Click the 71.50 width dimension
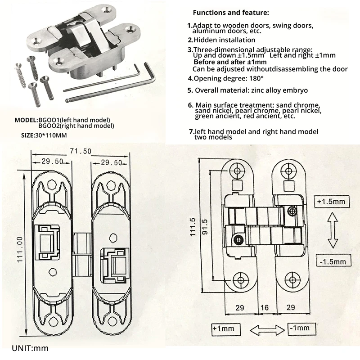click(x=81, y=151)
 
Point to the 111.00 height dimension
click(x=20, y=250)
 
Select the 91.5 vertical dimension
click(x=205, y=227)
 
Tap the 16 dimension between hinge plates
click(x=265, y=307)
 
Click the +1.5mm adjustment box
click(x=332, y=202)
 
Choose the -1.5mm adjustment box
click(x=333, y=261)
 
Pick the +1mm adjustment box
click(x=226, y=329)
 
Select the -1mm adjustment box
click(x=301, y=328)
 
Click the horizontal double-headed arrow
click(x=267, y=330)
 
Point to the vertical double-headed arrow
click(x=333, y=230)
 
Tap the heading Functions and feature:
click(x=231, y=13)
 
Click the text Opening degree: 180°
click(x=226, y=78)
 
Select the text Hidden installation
click(x=221, y=40)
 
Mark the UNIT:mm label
click(x=30, y=348)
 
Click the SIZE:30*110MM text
click(x=44, y=135)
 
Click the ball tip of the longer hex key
click(x=67, y=100)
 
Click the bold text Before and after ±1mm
click(x=230, y=62)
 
